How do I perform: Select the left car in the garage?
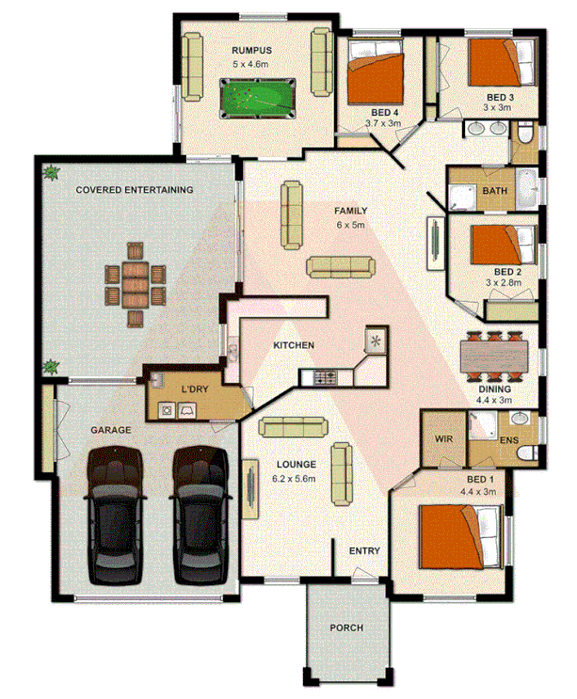117,516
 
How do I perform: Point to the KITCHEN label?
294,346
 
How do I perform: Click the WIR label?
444,439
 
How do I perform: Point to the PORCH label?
345,628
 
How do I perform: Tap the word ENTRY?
365,550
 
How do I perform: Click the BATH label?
494,192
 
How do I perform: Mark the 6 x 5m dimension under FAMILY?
350,226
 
